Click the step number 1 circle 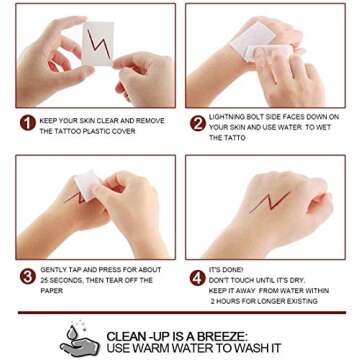(28, 123)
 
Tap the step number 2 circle (198, 123)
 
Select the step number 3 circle (28, 276)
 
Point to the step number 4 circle (198, 278)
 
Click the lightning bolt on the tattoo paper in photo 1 (99, 43)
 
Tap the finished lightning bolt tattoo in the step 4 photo (269, 202)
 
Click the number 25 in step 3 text (45, 280)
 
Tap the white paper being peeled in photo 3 (86, 184)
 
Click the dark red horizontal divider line (182, 313)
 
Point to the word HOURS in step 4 (233, 302)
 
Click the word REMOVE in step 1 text (150, 121)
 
